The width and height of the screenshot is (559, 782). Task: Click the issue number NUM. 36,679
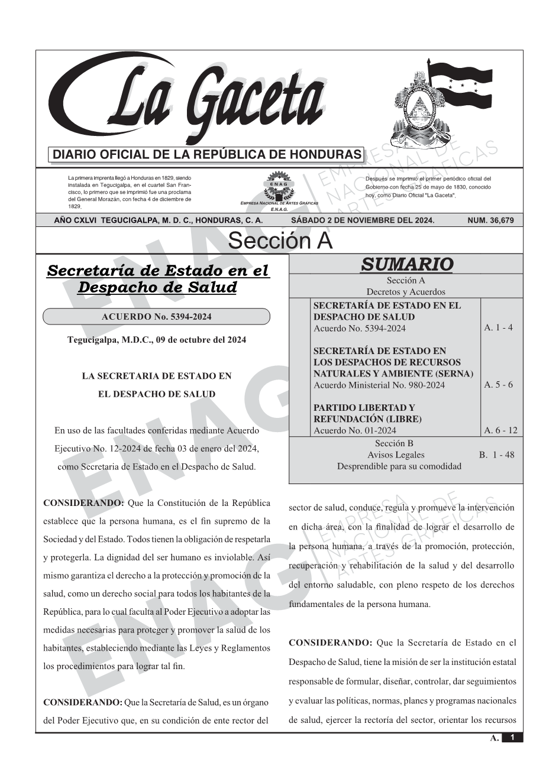tap(490, 220)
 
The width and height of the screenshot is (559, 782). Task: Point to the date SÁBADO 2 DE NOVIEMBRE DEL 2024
tap(363, 220)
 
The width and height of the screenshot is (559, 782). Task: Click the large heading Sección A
tap(280, 241)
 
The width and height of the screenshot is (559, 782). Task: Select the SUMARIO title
tap(406, 264)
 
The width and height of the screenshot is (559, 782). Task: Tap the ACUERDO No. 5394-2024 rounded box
tap(157, 317)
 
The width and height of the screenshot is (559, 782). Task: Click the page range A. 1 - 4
tap(498, 327)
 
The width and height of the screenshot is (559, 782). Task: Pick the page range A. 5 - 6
tap(498, 385)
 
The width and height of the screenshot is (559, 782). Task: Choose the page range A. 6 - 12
tap(500, 430)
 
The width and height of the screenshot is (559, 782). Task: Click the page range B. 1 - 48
tap(496, 455)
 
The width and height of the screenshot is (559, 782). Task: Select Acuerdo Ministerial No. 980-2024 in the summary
tap(379, 385)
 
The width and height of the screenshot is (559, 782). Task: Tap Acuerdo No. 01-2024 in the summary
tap(355, 430)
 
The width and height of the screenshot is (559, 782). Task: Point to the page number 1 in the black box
tap(512, 738)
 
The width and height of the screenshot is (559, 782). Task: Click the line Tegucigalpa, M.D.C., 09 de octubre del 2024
tap(157, 340)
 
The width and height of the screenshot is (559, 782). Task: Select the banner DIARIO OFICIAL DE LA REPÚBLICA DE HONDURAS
tap(207, 155)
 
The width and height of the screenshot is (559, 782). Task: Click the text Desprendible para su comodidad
tap(399, 466)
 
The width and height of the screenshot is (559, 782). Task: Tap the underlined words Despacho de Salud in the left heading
tap(157, 288)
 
